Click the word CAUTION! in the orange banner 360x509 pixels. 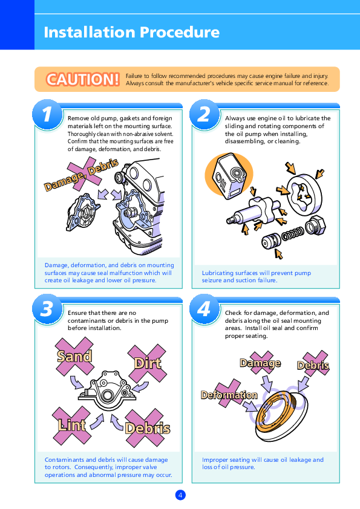point(82,79)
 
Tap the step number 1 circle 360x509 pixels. point(47,114)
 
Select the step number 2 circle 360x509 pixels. point(205,114)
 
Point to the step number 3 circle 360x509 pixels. point(47,309)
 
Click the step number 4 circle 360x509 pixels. point(205,309)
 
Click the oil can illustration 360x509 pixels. point(229,175)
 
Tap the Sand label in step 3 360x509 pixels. point(74,357)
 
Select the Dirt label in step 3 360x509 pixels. point(148,363)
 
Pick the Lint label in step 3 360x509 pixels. point(72,425)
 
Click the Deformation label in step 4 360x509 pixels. point(229,395)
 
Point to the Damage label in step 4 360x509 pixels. point(260,363)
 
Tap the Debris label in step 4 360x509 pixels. point(313,366)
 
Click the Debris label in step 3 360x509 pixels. point(148,429)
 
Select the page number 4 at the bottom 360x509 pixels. point(180,495)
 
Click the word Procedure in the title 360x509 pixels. point(180,32)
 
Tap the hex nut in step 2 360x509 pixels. point(315,225)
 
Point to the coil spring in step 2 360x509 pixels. point(293,233)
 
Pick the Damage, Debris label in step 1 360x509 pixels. point(81,175)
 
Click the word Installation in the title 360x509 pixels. point(90,32)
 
